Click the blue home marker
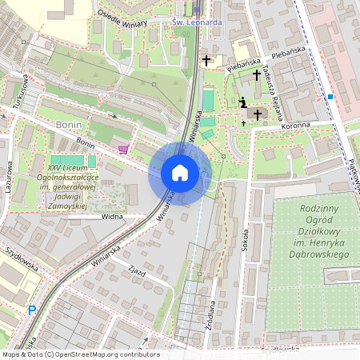click(180, 173)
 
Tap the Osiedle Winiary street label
click(122, 18)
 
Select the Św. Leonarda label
click(198, 22)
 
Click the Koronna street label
click(296, 126)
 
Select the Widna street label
click(112, 217)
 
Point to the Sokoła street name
click(245, 241)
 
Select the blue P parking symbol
click(32, 310)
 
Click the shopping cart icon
click(122, 148)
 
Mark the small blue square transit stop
click(330, 97)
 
